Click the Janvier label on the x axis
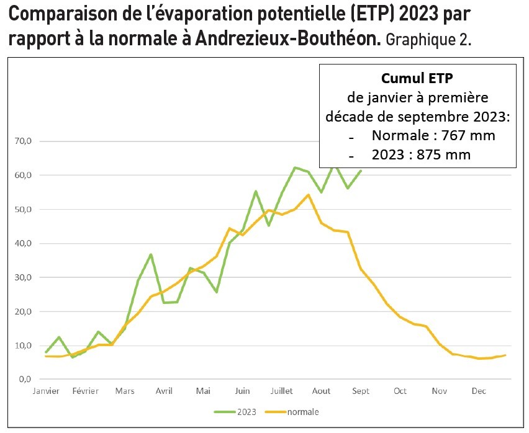[47, 391]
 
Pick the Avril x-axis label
[164, 391]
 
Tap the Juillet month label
[283, 391]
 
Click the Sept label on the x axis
[361, 391]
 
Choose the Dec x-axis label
[479, 391]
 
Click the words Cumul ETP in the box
[417, 79]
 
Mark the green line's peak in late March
[151, 254]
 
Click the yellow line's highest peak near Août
[309, 195]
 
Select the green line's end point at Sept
[361, 171]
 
